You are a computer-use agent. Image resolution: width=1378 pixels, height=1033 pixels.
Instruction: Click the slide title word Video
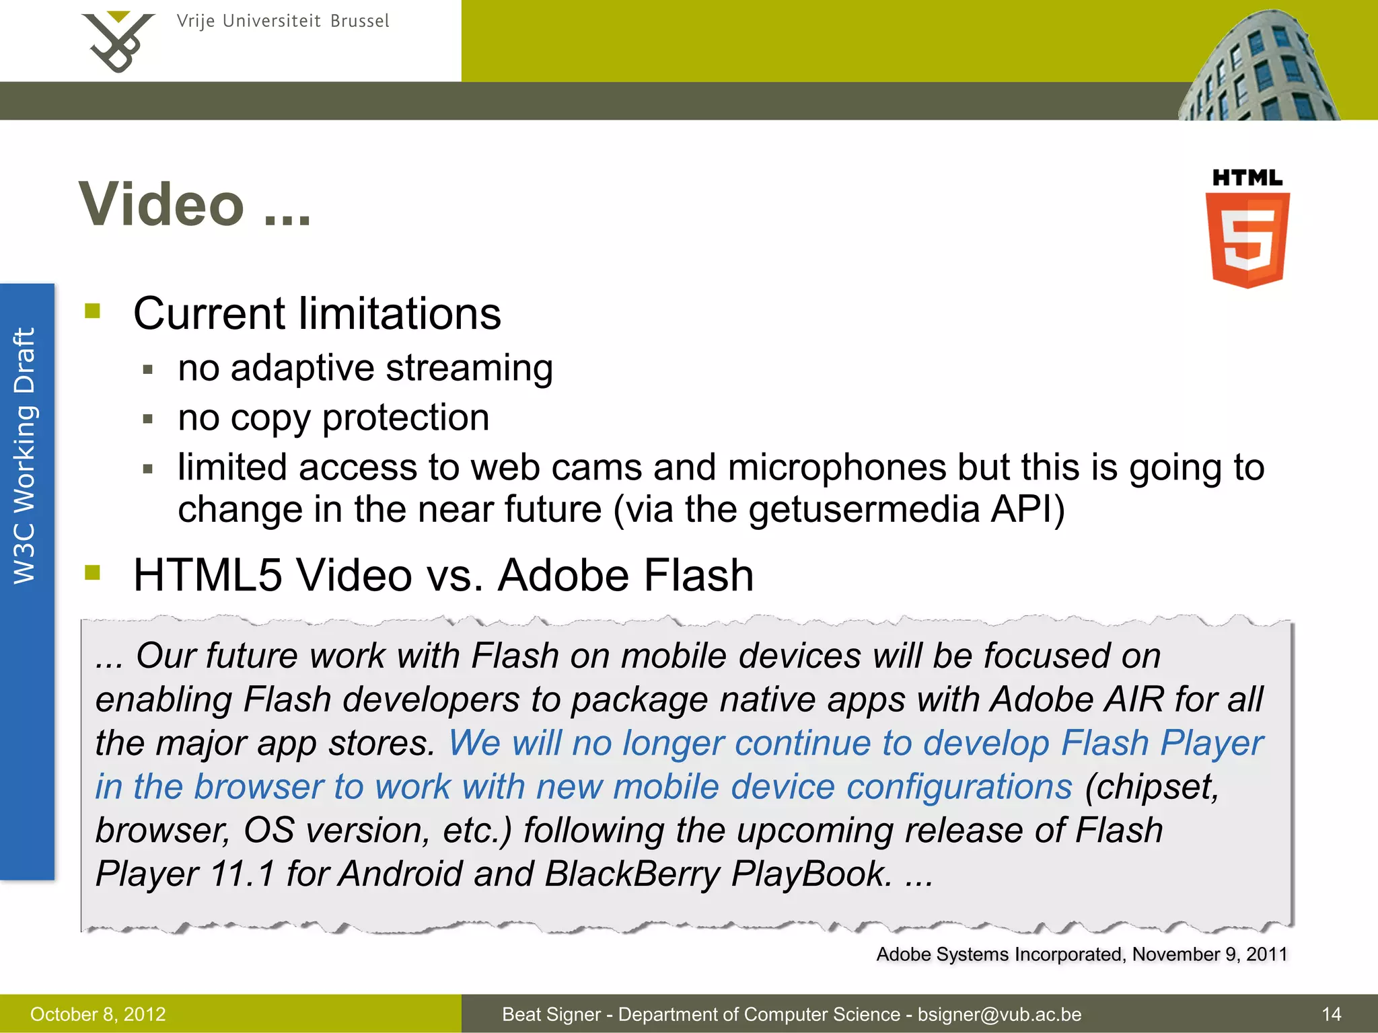click(x=161, y=204)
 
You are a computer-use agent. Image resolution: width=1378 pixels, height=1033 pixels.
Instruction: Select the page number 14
click(x=1331, y=1014)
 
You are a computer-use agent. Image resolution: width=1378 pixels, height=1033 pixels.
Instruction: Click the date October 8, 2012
click(x=98, y=1014)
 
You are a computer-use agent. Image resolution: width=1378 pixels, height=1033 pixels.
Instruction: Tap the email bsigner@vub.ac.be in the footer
click(x=999, y=1014)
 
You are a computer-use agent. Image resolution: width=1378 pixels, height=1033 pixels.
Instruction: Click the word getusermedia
click(x=864, y=509)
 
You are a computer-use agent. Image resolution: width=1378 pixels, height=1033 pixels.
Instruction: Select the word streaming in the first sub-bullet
click(x=469, y=369)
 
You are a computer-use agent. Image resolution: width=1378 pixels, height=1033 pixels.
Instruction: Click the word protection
click(x=406, y=418)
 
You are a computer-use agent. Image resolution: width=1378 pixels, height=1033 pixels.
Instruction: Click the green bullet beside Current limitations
click(x=93, y=311)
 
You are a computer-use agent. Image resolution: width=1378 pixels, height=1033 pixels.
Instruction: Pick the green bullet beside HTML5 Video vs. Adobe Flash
click(x=93, y=572)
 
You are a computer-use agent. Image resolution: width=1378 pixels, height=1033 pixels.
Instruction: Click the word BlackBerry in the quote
click(x=632, y=874)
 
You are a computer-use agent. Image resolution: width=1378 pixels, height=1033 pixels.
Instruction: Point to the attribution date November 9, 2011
click(x=1210, y=954)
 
